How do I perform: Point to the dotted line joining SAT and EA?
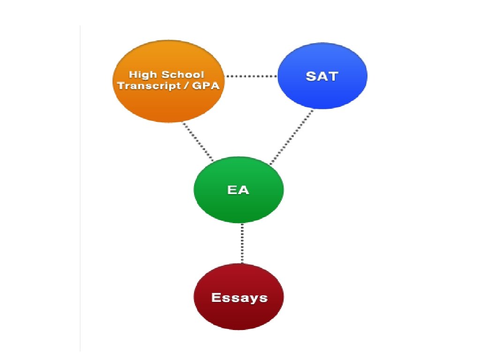point(292,137)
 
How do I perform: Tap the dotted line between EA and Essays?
point(242,244)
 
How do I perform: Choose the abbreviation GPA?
point(206,86)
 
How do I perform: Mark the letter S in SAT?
point(311,76)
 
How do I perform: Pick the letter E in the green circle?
point(232,190)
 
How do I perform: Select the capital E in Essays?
point(216,297)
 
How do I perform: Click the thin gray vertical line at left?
point(80,187)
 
